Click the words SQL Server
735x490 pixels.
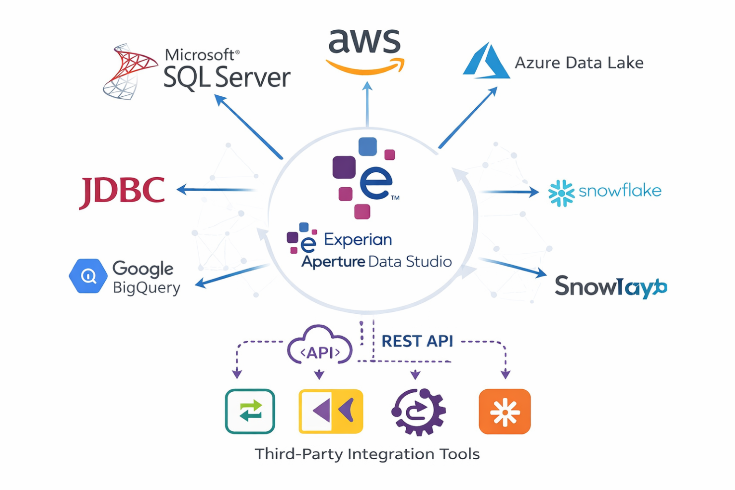227,77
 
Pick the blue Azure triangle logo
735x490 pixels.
486,62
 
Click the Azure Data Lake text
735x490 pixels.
579,63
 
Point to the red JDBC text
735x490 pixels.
122,191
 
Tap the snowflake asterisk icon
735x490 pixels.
561,193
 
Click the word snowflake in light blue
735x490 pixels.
620,191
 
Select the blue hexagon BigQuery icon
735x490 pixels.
88,276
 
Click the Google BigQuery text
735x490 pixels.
145,278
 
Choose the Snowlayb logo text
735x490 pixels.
610,286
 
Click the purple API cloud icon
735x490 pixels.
320,346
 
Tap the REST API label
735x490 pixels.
417,341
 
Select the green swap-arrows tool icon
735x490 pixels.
250,411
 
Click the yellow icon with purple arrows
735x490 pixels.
331,411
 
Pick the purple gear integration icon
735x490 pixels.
419,411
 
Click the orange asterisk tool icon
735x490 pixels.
505,412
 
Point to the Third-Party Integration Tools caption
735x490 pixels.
367,454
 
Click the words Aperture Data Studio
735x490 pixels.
376,262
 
